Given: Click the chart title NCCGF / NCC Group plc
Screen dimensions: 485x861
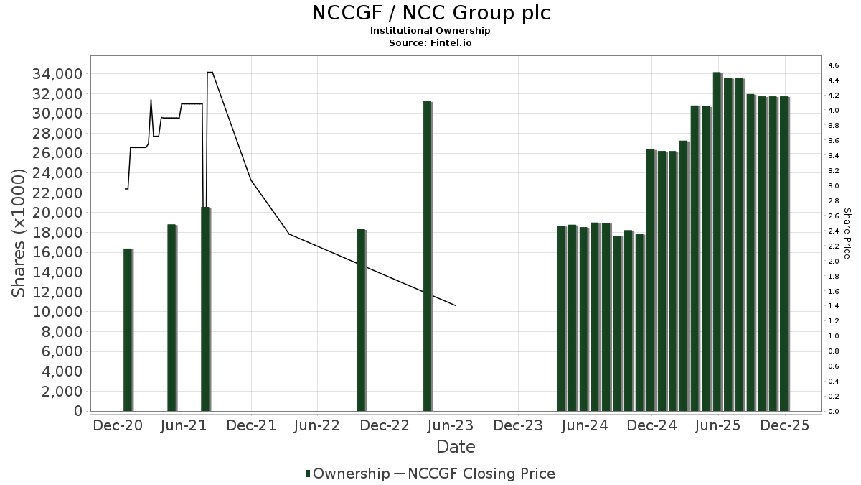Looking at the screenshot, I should pos(430,13).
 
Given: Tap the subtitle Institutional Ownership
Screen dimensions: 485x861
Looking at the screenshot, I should pos(430,31).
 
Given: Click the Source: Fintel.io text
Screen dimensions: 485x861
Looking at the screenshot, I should pos(430,42).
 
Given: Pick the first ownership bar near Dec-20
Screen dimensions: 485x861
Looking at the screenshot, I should pos(128,330).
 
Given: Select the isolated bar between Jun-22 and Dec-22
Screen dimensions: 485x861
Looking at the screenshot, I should pos(361,320).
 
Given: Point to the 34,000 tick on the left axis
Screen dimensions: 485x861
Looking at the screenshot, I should pos(57,74).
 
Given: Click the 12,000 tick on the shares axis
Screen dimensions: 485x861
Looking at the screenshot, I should pos(57,292).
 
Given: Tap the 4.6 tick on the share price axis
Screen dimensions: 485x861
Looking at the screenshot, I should pos(834,65).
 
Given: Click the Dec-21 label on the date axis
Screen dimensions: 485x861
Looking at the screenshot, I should pos(251,425).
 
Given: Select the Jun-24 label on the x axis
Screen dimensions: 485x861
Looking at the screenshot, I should pos(585,425).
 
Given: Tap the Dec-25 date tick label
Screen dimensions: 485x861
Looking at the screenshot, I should pos(785,425).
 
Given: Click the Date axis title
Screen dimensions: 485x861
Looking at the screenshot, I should pos(456,447).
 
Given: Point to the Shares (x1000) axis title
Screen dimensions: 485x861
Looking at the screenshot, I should pos(19,234).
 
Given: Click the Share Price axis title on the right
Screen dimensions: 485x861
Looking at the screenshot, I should pos(847,234).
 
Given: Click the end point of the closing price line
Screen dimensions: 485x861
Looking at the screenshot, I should pos(456,305).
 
